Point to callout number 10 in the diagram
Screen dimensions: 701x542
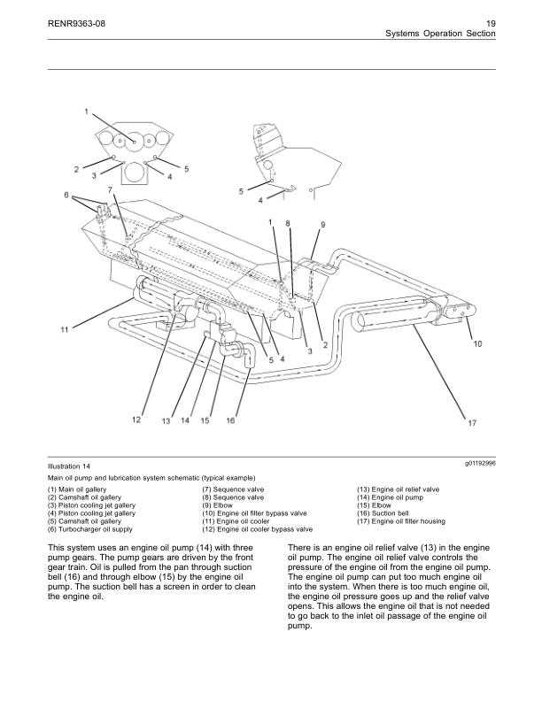click(478, 343)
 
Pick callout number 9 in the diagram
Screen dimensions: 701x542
click(322, 225)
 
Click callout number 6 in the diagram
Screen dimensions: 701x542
click(66, 194)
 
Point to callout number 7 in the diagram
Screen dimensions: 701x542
click(110, 189)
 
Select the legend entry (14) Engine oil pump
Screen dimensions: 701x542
click(393, 497)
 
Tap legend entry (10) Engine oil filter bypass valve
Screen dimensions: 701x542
click(254, 513)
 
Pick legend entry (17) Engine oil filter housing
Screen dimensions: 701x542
click(400, 521)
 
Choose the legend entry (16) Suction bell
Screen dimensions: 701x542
click(384, 513)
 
